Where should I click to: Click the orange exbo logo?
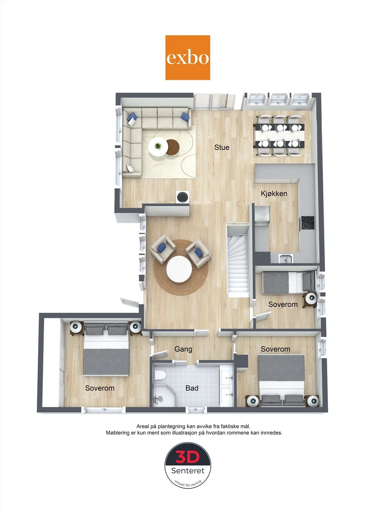(187, 58)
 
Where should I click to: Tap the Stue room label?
(222, 147)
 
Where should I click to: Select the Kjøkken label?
(274, 194)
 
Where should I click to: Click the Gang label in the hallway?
(183, 349)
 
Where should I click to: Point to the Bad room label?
(192, 388)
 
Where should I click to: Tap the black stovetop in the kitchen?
(307, 223)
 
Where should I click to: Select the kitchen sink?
(286, 259)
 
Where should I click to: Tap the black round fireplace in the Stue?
(183, 197)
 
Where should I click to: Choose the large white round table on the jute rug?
(179, 269)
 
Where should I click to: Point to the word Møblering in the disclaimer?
(118, 433)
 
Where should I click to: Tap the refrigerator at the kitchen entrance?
(262, 216)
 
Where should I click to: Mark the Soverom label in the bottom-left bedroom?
(100, 388)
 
